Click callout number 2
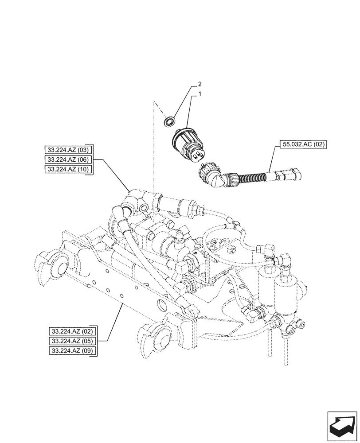pos(200,83)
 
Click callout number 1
pos(200,94)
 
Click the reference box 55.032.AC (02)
pos(303,144)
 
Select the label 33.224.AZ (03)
pos(68,149)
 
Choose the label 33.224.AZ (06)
pos(68,159)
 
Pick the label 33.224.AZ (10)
pos(68,170)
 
